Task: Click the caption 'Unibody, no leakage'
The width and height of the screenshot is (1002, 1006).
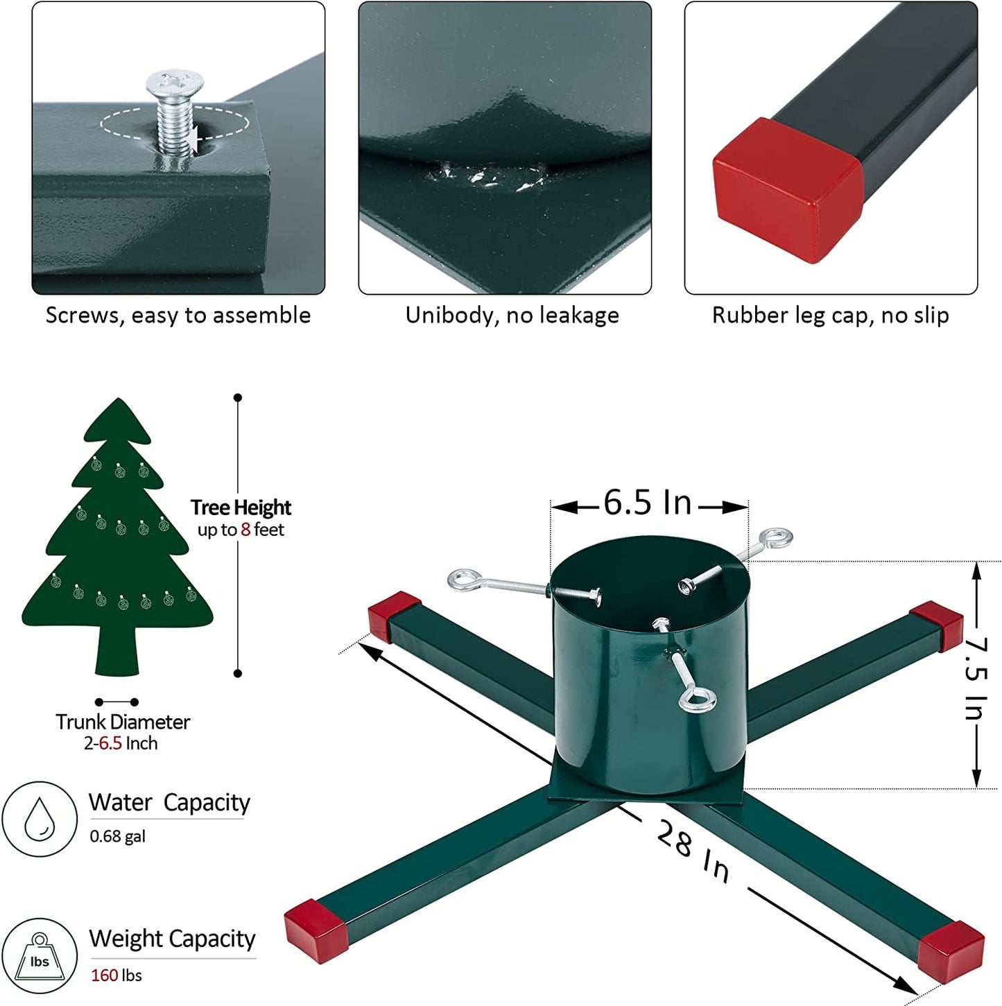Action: pos(512,315)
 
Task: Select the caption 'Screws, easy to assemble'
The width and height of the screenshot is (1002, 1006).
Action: pos(178,315)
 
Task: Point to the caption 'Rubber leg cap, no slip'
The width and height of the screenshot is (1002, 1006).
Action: pos(830,315)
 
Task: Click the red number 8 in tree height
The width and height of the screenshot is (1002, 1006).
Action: pos(245,530)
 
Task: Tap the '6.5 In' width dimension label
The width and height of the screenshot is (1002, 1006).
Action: pos(647,503)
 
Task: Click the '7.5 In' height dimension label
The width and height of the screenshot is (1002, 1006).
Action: pos(976,678)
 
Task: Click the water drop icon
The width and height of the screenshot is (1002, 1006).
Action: pos(40,819)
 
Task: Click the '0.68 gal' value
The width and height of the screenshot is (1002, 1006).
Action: pos(117,836)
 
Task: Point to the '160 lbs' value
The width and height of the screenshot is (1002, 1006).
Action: pos(116,975)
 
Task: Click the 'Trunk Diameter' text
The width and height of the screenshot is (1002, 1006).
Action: pos(123,722)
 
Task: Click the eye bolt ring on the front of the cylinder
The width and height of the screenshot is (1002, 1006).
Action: pos(697,699)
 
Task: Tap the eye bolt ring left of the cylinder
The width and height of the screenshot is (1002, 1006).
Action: pos(463,580)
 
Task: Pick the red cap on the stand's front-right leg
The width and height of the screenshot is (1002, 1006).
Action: pos(951,951)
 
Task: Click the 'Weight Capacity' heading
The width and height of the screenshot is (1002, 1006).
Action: pos(172,939)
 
